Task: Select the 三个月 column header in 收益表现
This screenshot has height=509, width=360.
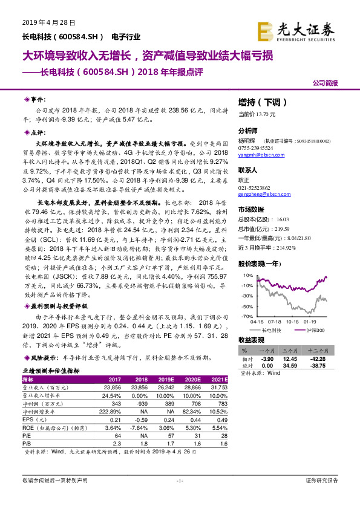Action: point(293,351)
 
